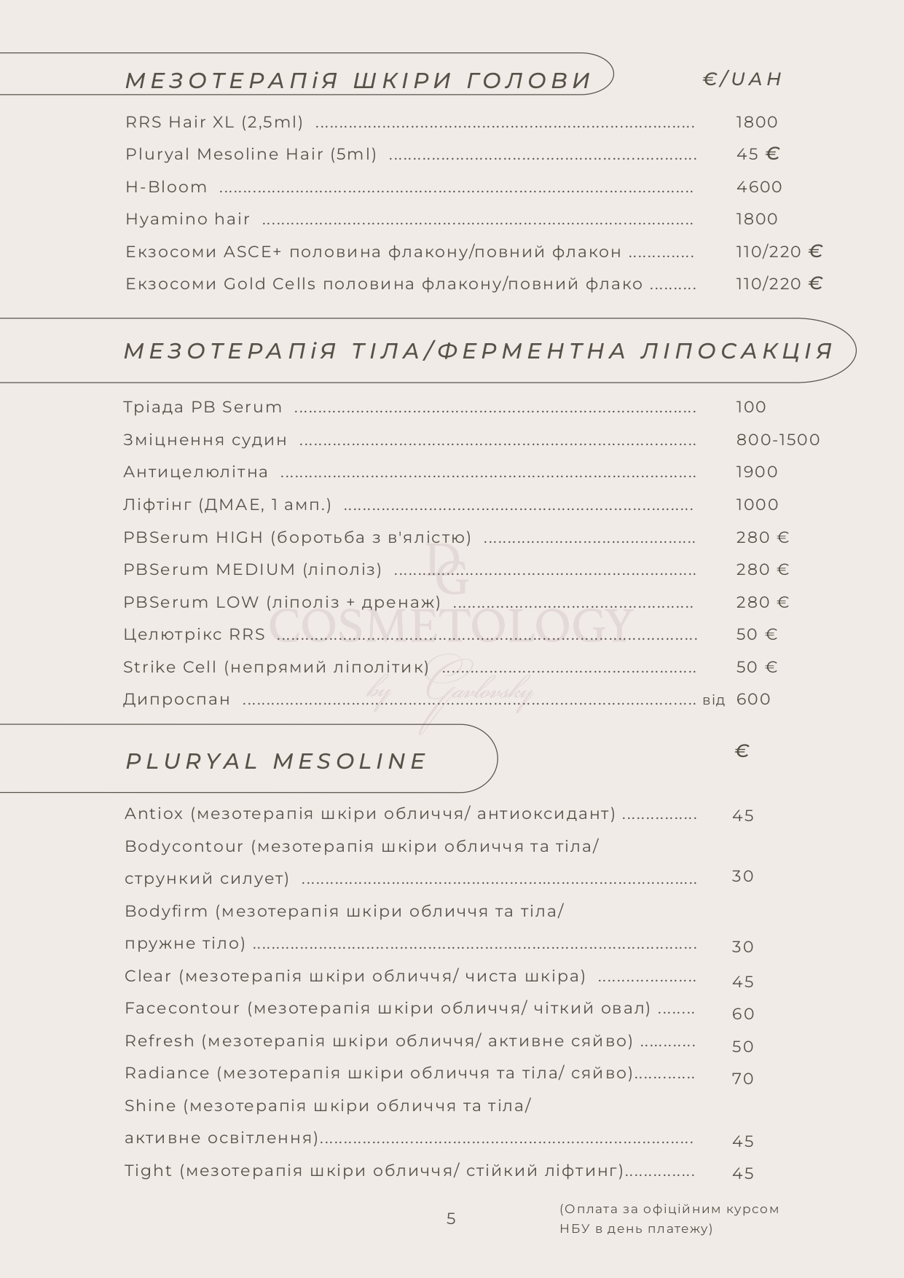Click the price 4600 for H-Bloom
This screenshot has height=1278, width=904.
(758, 187)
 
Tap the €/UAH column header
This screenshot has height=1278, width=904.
(742, 79)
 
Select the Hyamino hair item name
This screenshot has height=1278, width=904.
(187, 219)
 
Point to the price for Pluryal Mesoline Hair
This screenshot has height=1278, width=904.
(758, 154)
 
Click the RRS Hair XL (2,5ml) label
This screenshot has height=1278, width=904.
(214, 122)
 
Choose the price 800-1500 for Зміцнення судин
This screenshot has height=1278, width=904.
(777, 440)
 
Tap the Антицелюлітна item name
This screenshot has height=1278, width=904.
(196, 472)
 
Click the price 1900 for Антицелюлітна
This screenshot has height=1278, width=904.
(757, 472)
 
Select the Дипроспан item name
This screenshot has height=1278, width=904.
(177, 699)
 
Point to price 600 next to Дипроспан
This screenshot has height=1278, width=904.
(753, 699)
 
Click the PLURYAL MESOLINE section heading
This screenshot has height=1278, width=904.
(276, 761)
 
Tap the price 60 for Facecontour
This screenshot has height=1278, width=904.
(743, 1014)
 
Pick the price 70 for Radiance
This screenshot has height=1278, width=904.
(743, 1079)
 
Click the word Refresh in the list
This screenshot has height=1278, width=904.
(160, 1041)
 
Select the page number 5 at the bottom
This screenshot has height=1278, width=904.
(451, 1219)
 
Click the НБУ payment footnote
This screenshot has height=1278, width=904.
(669, 1219)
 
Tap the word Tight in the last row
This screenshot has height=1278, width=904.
(149, 1171)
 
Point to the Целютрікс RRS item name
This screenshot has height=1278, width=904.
(194, 635)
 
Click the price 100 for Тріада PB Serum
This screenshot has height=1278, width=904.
(750, 407)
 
